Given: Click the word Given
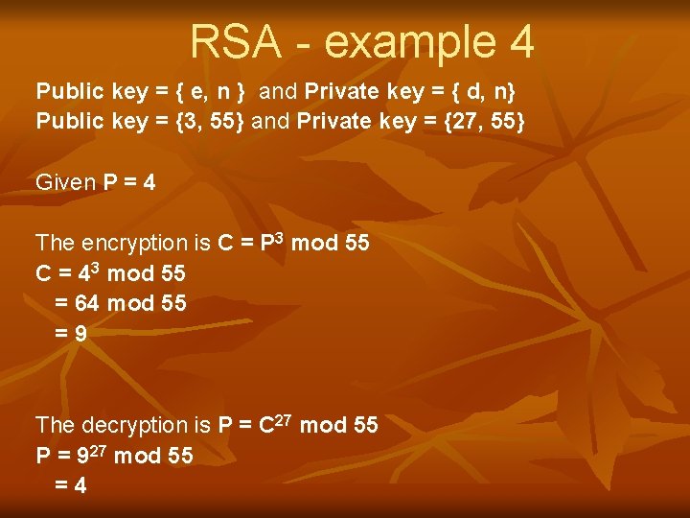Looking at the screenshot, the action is [x=65, y=182].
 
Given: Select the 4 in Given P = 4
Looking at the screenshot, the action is [x=149, y=182].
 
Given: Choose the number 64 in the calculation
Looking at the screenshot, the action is [x=87, y=304].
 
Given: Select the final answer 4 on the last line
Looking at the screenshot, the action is [x=80, y=485].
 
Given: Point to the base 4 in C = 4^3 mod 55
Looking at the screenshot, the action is [x=83, y=274].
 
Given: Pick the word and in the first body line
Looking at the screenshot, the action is [x=278, y=92].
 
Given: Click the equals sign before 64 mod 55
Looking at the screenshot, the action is [x=61, y=304].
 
